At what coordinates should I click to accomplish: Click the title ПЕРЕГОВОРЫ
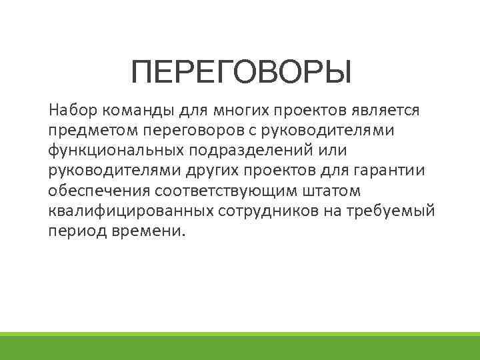tap(241, 72)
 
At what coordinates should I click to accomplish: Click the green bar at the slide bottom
tap(240, 347)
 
